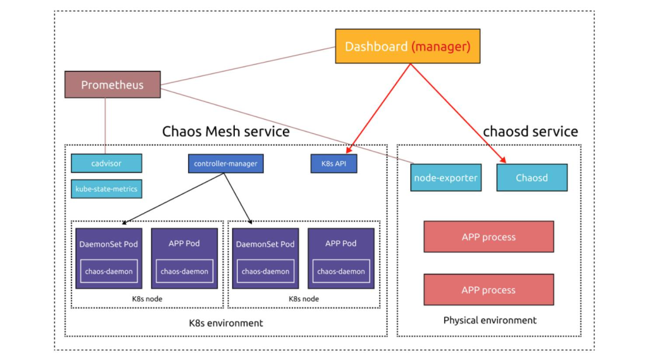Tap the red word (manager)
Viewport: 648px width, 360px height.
click(x=441, y=46)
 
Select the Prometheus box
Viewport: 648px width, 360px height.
click(x=112, y=85)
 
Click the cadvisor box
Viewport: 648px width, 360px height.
click(x=106, y=163)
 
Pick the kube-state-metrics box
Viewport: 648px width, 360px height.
click(x=106, y=189)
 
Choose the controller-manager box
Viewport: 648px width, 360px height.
click(x=225, y=163)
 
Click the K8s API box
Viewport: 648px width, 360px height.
click(x=333, y=163)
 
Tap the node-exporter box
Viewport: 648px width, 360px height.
click(x=445, y=178)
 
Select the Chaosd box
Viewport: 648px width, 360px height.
click(x=532, y=178)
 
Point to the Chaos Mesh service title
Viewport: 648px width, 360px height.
click(x=226, y=132)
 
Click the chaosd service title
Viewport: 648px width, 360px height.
click(x=530, y=132)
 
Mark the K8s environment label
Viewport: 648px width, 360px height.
click(x=226, y=323)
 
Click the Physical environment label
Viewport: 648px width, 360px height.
click(x=490, y=320)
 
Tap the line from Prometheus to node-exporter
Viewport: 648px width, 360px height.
click(x=285, y=126)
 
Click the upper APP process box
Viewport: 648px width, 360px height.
click(x=489, y=237)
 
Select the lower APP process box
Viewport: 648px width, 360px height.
click(x=489, y=290)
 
